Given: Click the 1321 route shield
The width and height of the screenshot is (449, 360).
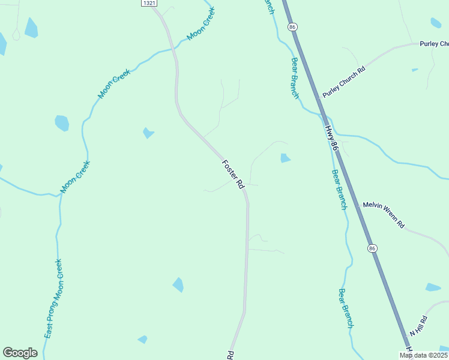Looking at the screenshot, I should (149, 4).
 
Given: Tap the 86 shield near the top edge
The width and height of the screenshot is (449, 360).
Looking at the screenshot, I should (292, 27).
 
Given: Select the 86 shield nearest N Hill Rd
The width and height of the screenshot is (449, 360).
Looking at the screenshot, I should (372, 248).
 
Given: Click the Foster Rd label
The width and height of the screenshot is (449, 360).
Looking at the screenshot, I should (233, 175).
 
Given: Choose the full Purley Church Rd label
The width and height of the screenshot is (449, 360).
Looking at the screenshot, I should (344, 82).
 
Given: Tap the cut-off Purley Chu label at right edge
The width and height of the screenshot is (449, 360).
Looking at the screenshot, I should (434, 44).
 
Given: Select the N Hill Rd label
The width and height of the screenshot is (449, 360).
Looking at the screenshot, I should (418, 326).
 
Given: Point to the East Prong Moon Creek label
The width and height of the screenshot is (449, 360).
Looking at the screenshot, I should (53, 307).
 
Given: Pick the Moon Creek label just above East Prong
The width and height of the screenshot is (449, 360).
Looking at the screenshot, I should (75, 177).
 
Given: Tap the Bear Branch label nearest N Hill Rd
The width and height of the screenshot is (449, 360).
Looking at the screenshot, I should (346, 308).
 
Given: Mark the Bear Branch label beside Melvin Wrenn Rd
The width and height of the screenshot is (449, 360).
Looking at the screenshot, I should (339, 189).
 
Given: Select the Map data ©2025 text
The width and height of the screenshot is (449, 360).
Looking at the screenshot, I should (424, 355).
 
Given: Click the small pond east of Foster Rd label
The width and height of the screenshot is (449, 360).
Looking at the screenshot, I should (285, 158).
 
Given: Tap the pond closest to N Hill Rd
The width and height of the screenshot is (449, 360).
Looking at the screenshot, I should (433, 287).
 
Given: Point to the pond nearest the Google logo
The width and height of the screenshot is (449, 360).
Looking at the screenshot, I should (142, 340).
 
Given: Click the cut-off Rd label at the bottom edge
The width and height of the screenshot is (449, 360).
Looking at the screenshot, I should (231, 355).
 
